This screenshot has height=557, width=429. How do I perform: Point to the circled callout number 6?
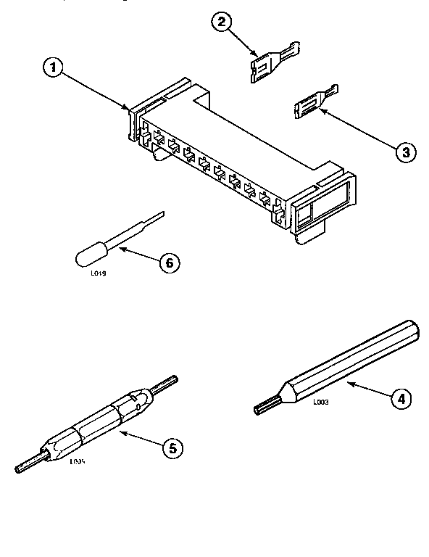coord(168,263)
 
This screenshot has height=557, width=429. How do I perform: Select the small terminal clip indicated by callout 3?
coord(313,102)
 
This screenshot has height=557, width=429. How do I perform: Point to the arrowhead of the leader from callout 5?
coord(120,433)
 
